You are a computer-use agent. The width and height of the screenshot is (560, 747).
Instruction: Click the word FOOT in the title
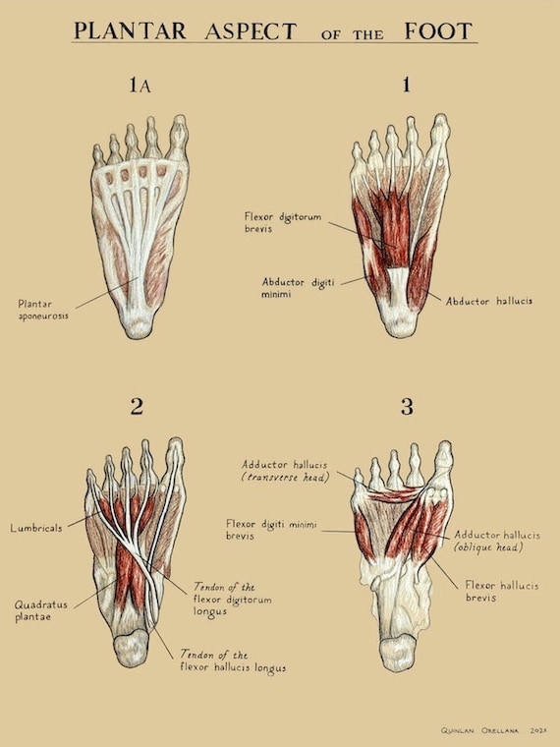438,31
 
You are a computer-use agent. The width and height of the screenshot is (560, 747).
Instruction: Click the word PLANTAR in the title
130,31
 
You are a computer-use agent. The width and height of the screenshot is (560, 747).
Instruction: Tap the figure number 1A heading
140,86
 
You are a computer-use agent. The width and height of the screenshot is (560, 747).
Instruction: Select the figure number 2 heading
137,406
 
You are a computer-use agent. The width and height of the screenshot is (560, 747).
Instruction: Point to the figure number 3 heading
407,406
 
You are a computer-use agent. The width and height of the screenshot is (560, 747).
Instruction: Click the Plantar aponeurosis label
43,310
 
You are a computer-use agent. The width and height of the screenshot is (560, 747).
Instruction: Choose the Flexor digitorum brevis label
283,222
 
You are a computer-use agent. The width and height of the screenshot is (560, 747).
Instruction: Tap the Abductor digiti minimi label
298,288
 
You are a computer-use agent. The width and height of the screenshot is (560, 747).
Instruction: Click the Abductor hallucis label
488,301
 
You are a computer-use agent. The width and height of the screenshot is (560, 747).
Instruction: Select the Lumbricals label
36,528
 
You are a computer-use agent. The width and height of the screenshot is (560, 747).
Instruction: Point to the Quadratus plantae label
41,610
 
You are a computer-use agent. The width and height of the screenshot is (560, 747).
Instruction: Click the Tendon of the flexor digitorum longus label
233,600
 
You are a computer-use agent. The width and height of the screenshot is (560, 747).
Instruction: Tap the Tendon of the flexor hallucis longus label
233,661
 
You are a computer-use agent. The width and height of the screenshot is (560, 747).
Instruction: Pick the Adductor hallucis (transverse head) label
285,471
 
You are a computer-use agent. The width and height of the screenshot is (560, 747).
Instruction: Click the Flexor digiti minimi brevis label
271,530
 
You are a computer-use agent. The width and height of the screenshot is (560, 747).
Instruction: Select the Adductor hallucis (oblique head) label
497,542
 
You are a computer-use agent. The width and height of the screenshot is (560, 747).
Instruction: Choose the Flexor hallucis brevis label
502,592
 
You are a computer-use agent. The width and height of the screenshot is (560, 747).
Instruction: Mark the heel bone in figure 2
132,648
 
